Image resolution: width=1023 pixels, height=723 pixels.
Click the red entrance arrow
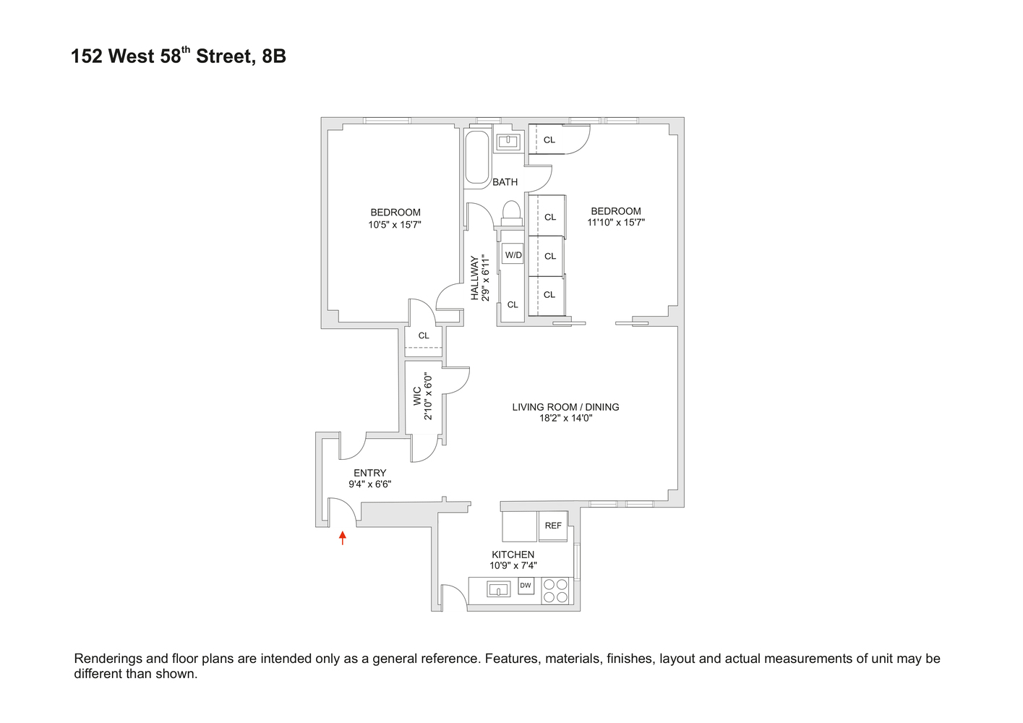click(x=343, y=537)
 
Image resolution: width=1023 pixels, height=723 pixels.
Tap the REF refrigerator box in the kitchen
click(x=553, y=526)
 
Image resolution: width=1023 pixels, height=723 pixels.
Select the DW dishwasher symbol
click(x=526, y=586)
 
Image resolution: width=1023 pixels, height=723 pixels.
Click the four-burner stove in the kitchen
click(x=556, y=591)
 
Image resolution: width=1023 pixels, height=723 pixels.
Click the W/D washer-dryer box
click(x=513, y=254)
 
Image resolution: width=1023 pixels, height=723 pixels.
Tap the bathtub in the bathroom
click(x=476, y=157)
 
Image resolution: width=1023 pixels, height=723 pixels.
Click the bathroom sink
click(x=509, y=141)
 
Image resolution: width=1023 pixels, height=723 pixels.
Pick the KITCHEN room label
click(x=513, y=555)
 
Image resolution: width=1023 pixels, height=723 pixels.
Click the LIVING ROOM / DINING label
click(x=565, y=407)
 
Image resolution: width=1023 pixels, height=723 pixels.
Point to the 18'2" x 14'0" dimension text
click(x=565, y=418)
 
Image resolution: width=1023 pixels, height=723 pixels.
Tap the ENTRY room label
click(x=370, y=473)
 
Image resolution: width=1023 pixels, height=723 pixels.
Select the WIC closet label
click(x=417, y=396)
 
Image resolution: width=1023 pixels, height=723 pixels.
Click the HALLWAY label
click(x=475, y=278)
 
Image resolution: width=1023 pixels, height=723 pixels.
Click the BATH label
click(x=505, y=182)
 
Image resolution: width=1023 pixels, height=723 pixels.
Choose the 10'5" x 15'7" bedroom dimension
click(x=395, y=224)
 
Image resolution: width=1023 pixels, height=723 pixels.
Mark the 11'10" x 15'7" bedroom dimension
click(x=616, y=223)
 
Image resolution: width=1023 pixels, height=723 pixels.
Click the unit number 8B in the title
click(x=274, y=56)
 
